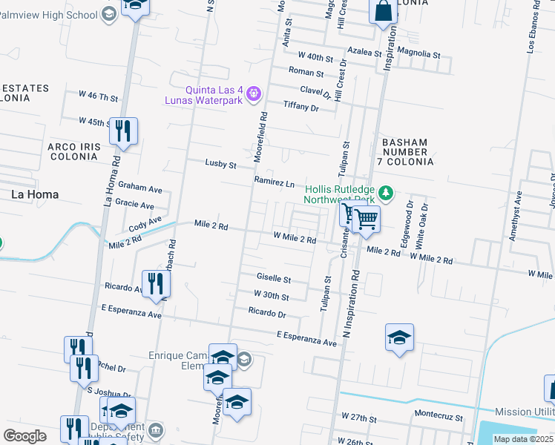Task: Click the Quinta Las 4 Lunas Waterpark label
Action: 206,94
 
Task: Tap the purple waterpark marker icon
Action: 253,93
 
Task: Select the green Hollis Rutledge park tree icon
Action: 385,194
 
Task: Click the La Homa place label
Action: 35,194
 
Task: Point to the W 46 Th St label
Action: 99,97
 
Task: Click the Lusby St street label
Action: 220,164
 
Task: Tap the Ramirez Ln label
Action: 275,182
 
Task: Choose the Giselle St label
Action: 273,278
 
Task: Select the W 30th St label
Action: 270,296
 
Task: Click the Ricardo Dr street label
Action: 267,312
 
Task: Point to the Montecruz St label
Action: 439,418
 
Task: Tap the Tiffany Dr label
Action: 301,108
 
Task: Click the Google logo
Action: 24,435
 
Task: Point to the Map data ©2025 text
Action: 522,439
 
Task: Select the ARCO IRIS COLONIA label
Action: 73,152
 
